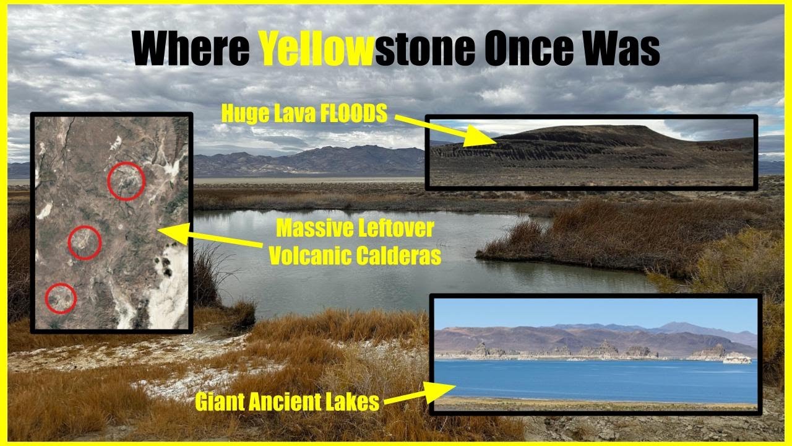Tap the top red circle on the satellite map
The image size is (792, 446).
click(x=126, y=181)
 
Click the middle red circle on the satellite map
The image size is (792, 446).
click(x=84, y=242)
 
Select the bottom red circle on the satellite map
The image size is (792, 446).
click(x=61, y=298)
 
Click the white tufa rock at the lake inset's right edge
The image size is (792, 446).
click(x=737, y=357)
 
